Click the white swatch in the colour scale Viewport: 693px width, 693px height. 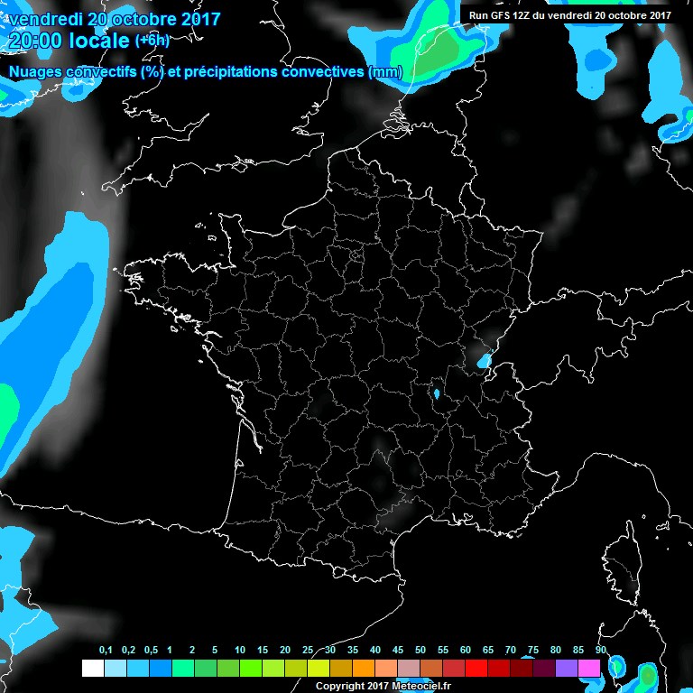(92, 669)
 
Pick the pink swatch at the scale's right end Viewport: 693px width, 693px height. (589, 669)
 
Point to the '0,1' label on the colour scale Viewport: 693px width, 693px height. (106, 651)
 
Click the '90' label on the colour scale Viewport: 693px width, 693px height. (600, 651)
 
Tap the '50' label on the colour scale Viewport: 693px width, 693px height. (420, 651)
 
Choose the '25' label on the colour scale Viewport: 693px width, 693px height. (308, 651)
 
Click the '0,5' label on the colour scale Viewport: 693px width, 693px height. (150, 651)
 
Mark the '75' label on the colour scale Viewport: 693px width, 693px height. (532, 651)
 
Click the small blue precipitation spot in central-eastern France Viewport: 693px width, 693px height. (437, 394)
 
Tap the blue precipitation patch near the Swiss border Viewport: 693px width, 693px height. (485, 361)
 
